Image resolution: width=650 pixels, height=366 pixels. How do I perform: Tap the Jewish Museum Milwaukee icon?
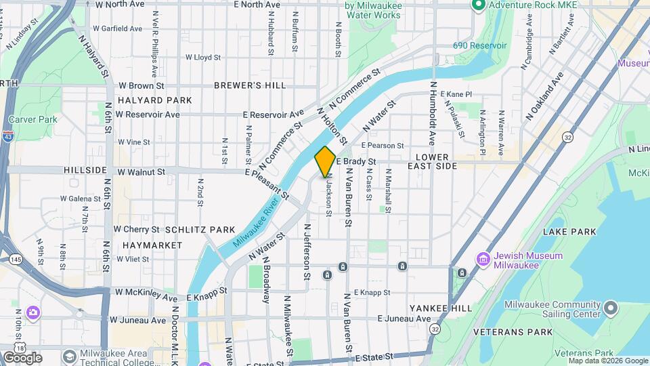click(x=483, y=260)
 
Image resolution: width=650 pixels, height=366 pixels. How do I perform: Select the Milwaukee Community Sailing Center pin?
click(x=611, y=309)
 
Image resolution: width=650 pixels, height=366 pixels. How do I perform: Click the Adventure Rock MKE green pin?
click(x=478, y=5)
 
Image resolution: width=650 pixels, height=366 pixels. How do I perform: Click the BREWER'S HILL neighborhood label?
click(x=250, y=85)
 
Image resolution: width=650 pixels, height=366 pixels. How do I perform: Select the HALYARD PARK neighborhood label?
click(x=154, y=100)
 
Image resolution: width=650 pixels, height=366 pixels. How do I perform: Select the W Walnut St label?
click(x=142, y=172)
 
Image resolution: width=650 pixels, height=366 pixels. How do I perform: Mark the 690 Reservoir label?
click(x=480, y=45)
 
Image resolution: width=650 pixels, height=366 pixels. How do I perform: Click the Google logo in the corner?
click(x=22, y=358)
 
